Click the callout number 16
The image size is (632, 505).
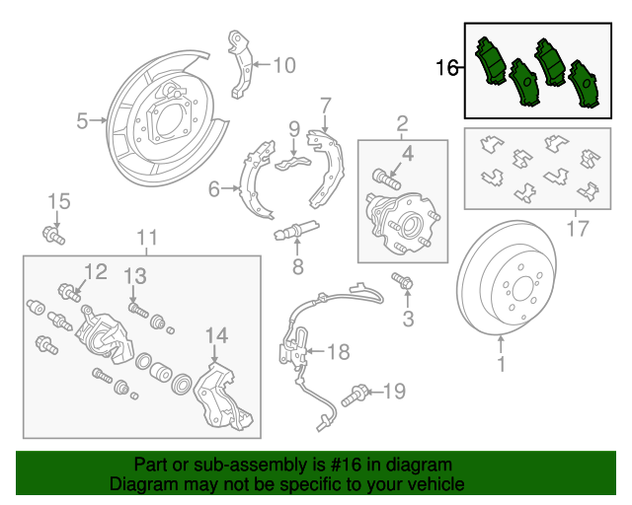pos(447,67)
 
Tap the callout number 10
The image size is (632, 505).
pos(284,65)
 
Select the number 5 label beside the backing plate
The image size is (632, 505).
pos(82,120)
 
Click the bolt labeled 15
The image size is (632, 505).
pos(53,235)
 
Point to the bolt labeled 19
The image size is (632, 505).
pos(354,396)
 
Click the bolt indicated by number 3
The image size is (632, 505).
pos(402,280)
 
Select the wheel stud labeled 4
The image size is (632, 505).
pos(386,179)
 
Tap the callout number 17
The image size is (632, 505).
pos(578,229)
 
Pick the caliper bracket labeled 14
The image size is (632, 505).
pos(222,397)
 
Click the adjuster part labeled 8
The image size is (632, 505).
pos(296,230)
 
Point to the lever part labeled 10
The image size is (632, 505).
pos(241,64)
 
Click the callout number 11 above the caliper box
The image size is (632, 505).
pos(147,238)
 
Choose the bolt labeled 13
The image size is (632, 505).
pos(138,311)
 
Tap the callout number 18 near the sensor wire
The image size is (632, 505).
pos(339,351)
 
